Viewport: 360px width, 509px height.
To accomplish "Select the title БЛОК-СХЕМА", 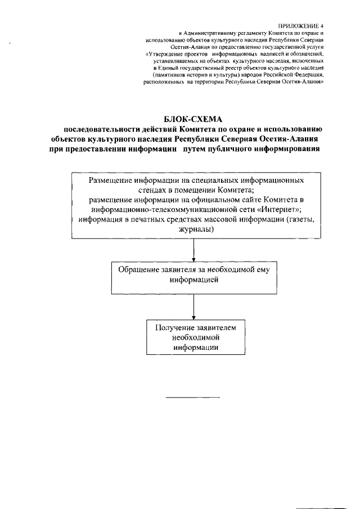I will (193, 119).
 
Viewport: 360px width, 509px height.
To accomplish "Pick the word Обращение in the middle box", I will (137, 269).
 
